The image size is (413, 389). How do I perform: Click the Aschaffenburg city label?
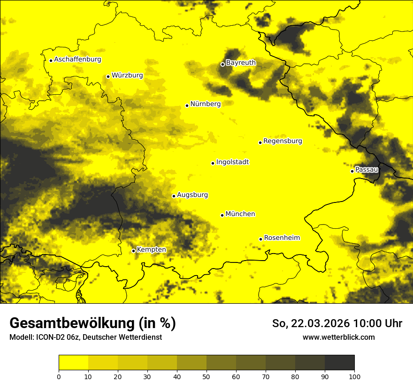pos(77,60)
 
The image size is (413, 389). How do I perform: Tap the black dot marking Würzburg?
pos(108,76)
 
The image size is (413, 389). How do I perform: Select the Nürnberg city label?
pos(205,104)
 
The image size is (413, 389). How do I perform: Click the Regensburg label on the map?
pos(283,141)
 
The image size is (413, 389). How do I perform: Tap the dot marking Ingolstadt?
pos(213,164)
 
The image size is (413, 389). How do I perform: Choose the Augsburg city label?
pos(192,195)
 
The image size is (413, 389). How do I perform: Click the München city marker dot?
pos(222,215)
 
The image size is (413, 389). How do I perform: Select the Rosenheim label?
pos(282,238)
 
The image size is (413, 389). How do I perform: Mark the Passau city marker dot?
pos(352,171)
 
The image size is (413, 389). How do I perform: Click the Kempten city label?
pos(151,250)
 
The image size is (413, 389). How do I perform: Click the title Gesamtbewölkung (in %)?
pos(92,323)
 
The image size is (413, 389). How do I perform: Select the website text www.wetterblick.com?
pos(338,337)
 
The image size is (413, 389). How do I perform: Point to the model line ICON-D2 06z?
pos(58,337)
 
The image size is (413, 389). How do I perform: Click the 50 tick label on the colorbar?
pos(206,376)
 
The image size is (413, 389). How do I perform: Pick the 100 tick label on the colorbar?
pos(354,376)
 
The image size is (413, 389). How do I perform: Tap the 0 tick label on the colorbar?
pos(59,376)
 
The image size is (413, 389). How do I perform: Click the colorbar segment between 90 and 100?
pos(339,363)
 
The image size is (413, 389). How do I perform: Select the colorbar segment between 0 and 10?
pos(73,363)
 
